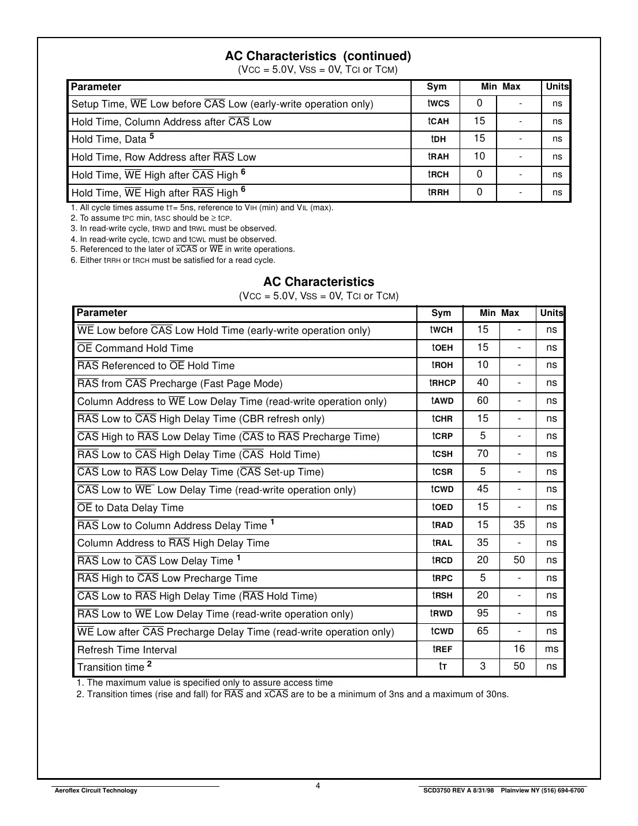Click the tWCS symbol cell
(438, 103)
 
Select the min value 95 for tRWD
(483, 613)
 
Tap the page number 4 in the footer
(318, 786)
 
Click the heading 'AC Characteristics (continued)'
(318, 56)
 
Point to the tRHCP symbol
(442, 383)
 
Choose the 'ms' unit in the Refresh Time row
(551, 649)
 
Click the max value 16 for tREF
(519, 649)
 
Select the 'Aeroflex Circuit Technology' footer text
(95, 790)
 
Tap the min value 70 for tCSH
(483, 453)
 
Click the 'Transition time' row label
(111, 667)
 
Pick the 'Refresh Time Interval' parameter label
(127, 650)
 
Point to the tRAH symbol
(438, 157)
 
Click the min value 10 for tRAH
(479, 156)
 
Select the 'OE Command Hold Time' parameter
(135, 348)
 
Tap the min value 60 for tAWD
(483, 400)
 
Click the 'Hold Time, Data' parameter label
(109, 139)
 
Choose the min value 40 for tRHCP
(483, 382)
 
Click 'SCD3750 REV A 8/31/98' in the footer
(459, 790)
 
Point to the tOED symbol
(442, 507)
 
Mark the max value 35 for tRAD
(519, 524)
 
